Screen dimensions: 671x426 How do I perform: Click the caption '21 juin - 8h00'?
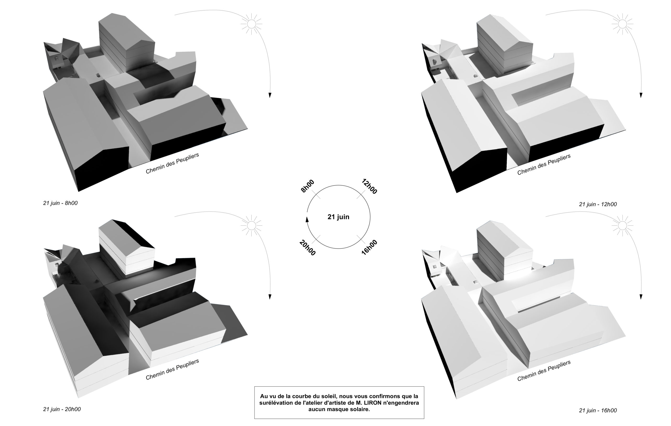tap(60, 203)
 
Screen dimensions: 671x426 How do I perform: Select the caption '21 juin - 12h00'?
tap(598, 204)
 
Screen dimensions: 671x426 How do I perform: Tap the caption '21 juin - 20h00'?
tap(62, 409)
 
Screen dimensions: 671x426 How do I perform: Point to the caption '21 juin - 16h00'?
tap(598, 410)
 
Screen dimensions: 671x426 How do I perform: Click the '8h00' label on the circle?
tap(307, 186)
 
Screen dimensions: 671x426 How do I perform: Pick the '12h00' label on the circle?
tap(369, 186)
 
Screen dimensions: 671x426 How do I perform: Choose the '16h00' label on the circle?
tap(369, 247)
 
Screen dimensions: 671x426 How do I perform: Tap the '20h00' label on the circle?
tap(307, 248)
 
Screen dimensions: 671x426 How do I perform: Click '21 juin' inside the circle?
tap(338, 217)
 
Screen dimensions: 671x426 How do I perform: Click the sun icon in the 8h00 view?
tap(251, 24)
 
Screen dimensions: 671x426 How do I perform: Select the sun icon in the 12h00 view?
tap(623, 24)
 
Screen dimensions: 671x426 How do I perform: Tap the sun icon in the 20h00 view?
tap(251, 225)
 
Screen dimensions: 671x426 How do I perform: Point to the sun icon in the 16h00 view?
tap(623, 225)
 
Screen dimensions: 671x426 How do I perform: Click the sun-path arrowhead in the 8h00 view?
tap(270, 95)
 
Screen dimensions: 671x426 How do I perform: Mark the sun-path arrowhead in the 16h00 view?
tap(641, 297)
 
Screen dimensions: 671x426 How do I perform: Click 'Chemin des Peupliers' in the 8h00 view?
tap(172, 163)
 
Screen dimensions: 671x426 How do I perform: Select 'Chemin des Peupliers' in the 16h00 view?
tap(544, 371)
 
